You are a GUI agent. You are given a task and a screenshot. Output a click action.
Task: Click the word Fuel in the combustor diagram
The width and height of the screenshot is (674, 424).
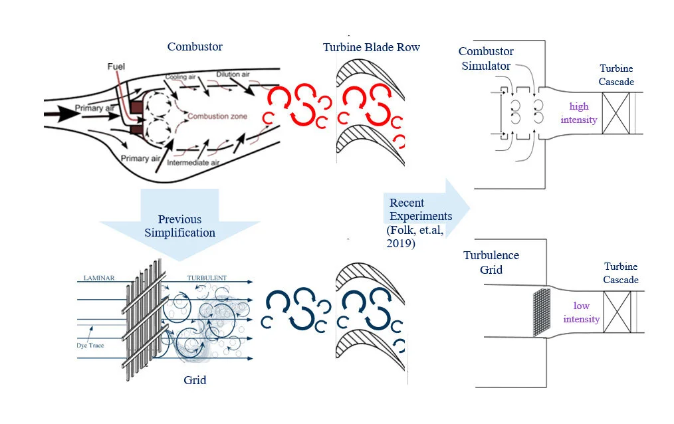[117, 67]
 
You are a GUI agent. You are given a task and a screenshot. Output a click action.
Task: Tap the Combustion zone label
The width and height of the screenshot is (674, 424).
[217, 116]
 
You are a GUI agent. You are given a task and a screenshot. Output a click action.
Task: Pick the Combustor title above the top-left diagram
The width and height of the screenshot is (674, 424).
[195, 47]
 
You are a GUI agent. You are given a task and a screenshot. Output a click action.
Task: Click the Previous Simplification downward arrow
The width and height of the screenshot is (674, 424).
[181, 224]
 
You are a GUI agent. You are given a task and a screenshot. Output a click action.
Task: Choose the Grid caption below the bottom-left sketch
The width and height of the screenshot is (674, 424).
[195, 380]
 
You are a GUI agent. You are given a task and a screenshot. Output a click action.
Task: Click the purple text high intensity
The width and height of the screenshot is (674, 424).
[579, 113]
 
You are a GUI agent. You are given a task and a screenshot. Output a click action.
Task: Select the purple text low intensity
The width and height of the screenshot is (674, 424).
[581, 312]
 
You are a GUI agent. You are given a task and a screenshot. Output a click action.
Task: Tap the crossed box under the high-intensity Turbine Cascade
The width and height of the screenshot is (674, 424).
[615, 114]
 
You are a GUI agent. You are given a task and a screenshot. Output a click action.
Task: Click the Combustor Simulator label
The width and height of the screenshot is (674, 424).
[486, 58]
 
